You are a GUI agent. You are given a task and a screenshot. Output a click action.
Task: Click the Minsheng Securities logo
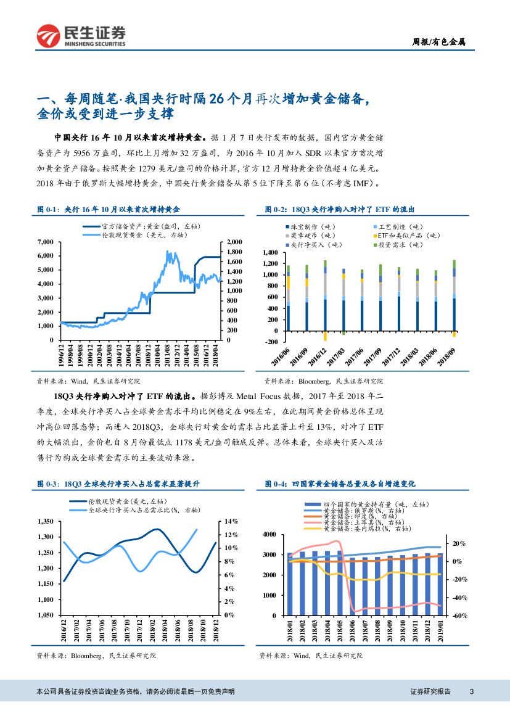coord(81,36)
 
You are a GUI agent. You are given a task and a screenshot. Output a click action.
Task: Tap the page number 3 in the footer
coord(471,691)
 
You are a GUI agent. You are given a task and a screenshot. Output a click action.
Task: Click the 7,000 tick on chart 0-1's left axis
coord(45,242)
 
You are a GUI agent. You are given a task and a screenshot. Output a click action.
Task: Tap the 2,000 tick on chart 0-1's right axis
coord(236,242)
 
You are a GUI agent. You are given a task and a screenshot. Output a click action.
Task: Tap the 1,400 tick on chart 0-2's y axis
coord(271,253)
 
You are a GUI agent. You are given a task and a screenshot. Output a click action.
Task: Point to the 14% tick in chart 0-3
coord(231,521)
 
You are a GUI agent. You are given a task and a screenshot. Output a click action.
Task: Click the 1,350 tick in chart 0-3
coord(46,521)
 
